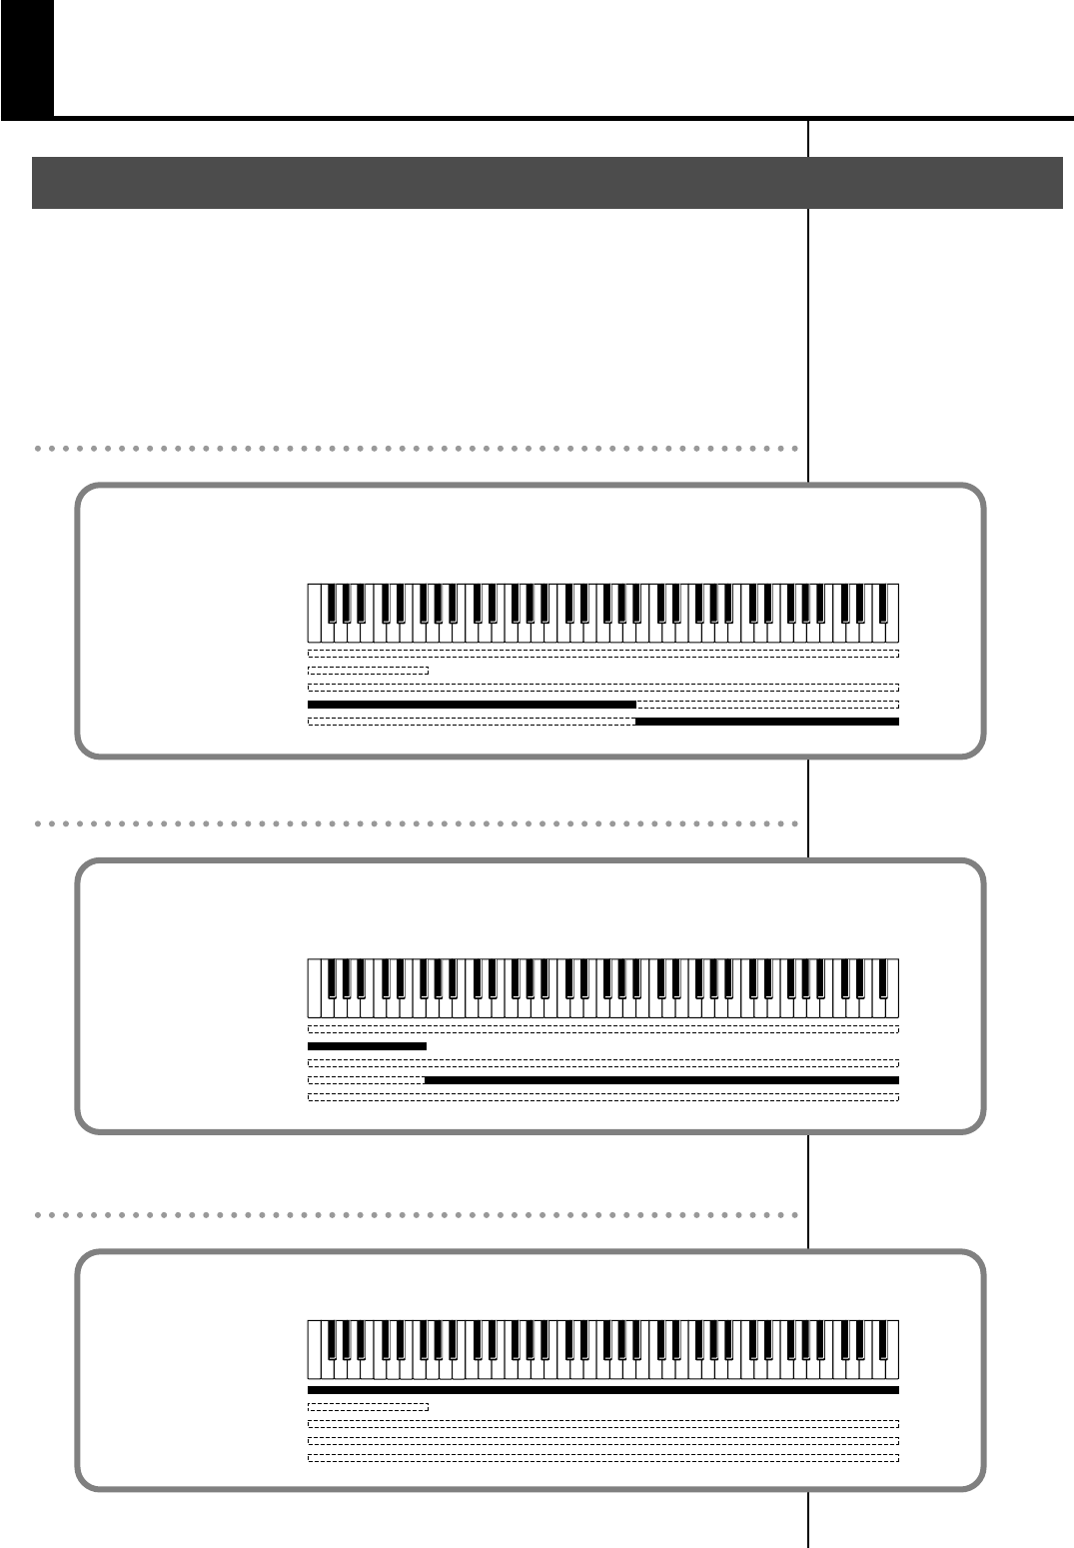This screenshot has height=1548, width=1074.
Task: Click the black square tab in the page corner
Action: coord(26,58)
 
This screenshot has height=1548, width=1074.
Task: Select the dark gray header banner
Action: coord(546,182)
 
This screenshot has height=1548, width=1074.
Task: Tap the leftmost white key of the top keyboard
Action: coord(314,625)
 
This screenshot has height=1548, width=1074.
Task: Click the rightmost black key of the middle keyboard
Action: coord(881,976)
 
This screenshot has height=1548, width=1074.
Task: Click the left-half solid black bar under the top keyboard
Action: coord(472,705)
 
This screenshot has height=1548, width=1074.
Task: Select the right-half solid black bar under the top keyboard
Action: coord(767,721)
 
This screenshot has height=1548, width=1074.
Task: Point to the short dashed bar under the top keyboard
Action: coord(368,671)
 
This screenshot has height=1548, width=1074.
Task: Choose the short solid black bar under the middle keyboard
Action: coord(367,1046)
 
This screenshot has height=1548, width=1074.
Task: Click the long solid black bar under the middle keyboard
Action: coord(661,1080)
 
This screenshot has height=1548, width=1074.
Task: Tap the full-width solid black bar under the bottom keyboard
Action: coord(603,1389)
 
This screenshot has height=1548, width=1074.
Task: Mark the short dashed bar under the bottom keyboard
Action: coord(368,1406)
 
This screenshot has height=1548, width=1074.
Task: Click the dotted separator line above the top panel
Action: coord(416,449)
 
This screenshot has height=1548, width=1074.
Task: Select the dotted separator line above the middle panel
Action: coord(416,824)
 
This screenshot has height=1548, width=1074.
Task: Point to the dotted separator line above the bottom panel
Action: coord(416,1215)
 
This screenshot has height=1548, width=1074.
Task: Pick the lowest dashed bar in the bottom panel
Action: coord(603,1458)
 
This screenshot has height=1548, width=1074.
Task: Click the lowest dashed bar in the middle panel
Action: coord(603,1097)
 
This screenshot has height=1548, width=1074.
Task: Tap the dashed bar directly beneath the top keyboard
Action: coord(603,654)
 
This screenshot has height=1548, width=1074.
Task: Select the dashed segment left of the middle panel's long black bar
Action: coord(366,1080)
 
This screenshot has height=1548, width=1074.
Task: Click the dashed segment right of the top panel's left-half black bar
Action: coord(767,705)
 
